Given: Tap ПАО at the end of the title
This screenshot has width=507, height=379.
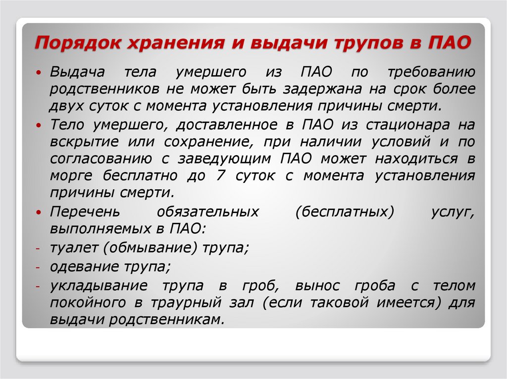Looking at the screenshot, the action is pos(450,42).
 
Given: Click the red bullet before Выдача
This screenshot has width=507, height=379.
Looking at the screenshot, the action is pos(39,73).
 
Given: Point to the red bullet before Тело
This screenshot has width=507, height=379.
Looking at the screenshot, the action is pos(39,125).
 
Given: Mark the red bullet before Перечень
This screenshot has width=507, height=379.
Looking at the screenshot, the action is pos(39,212).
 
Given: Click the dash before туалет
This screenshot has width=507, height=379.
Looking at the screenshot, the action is pos(38,249).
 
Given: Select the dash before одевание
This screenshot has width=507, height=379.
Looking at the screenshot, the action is pos(38,268).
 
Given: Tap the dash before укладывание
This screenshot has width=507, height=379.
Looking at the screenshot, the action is pos(38,286).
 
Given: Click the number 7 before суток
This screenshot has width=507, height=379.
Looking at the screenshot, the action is pos(220,175).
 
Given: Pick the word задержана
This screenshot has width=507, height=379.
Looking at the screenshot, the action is pos(322,89).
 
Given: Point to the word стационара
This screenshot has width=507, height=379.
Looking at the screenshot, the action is pos(408,125).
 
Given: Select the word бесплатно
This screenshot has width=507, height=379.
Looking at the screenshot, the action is pos(140,175).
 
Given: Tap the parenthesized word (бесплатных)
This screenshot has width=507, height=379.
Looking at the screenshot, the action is pos(345,212).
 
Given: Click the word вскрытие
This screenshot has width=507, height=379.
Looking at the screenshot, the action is pos(84,142).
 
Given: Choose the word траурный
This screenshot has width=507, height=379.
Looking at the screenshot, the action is pos(186,303).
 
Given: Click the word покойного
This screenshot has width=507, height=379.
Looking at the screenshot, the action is pos(88,303).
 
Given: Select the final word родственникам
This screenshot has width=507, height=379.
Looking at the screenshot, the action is pos(166,320).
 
